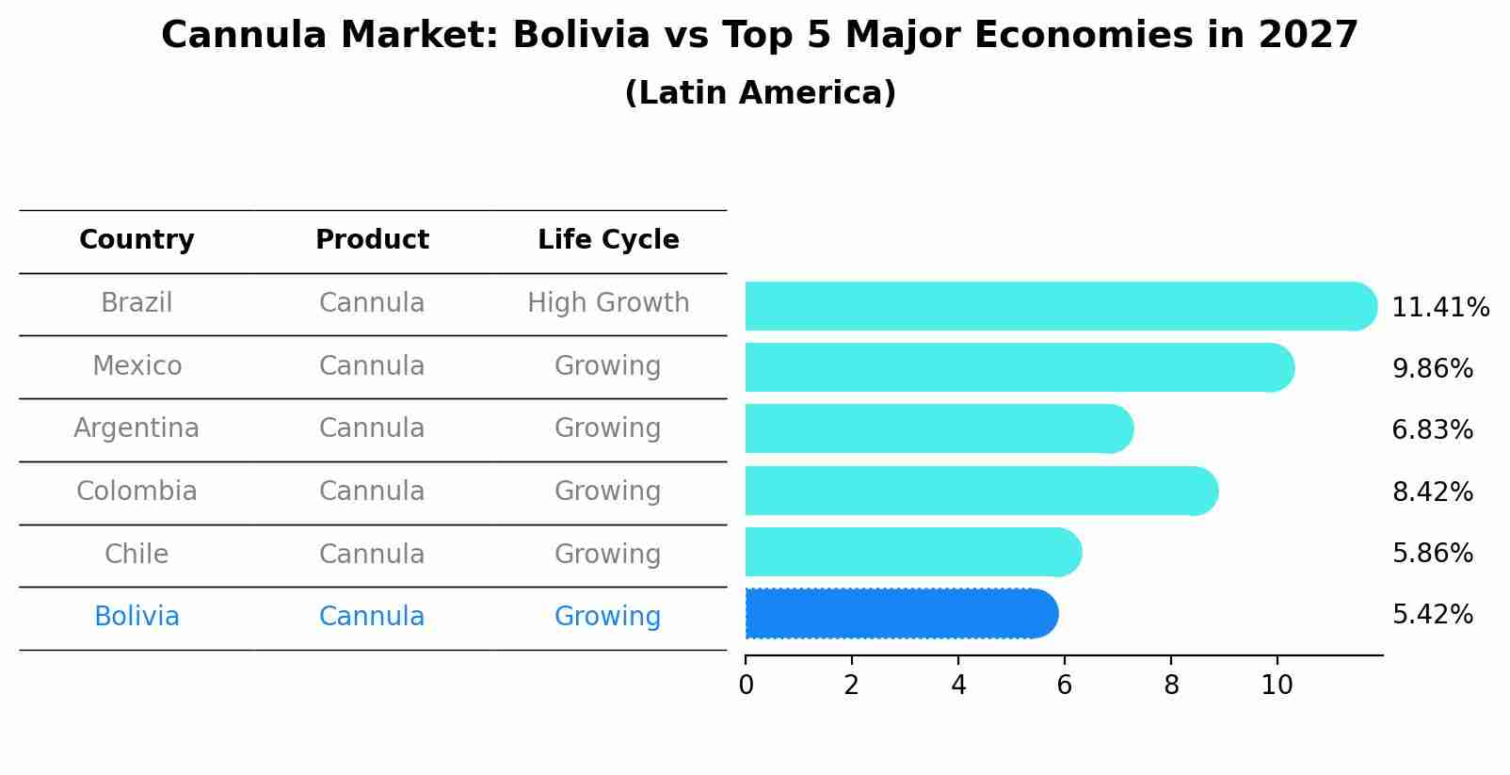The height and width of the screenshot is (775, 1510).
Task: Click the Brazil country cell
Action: pos(137,303)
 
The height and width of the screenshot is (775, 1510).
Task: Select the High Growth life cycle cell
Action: pos(608,303)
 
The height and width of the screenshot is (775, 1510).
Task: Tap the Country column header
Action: pos(137,240)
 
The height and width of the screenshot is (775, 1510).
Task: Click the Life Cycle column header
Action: pos(608,240)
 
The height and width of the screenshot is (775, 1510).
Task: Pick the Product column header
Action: pos(372,240)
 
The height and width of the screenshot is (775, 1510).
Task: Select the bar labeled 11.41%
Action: pos(1059,306)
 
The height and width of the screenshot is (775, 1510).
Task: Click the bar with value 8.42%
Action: pos(979,491)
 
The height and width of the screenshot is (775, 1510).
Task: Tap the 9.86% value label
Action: pos(1432,369)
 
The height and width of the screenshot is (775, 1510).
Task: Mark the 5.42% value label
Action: pos(1432,615)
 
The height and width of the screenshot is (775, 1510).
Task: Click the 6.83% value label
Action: pos(1432,430)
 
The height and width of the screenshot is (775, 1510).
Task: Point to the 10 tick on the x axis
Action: pos(1277,686)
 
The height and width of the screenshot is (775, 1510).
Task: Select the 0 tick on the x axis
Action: pos(746,686)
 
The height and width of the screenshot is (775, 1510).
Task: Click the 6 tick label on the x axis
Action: pos(1064,686)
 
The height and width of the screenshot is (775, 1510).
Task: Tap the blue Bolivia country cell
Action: pos(137,617)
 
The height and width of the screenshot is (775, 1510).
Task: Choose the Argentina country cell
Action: pos(137,428)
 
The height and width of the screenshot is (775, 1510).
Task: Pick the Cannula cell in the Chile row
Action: pos(372,554)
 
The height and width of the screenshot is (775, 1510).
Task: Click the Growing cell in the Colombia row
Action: pos(608,492)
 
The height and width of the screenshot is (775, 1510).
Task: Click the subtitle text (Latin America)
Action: pos(760,93)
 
